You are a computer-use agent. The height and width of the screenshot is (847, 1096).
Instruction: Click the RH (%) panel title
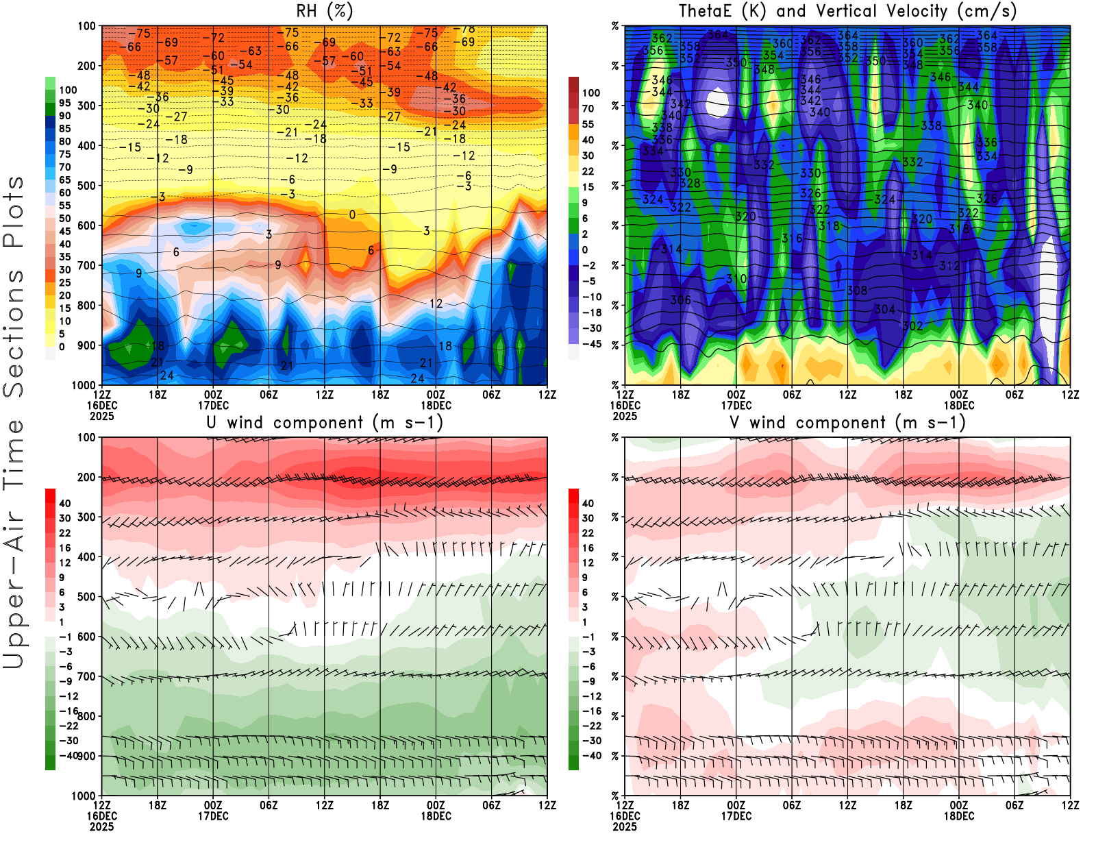(x=325, y=12)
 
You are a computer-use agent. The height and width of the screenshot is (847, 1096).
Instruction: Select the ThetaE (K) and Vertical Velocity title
(x=847, y=12)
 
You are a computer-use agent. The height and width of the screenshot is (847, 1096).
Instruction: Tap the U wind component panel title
(x=325, y=423)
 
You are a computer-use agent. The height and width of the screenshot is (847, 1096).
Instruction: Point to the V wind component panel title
(x=847, y=423)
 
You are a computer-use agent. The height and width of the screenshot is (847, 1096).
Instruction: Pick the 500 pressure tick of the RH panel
(x=86, y=186)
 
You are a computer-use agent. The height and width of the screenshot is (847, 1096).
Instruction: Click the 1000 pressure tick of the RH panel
(x=84, y=385)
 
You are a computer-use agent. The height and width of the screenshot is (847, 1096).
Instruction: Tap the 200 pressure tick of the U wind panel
(x=86, y=477)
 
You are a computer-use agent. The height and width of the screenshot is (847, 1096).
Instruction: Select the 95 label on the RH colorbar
(x=64, y=103)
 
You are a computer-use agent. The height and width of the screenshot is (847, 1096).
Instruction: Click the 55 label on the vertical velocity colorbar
(x=588, y=124)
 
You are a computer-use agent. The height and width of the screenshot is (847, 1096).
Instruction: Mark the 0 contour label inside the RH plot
(x=352, y=215)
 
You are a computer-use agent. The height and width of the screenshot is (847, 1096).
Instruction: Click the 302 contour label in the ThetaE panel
(x=912, y=326)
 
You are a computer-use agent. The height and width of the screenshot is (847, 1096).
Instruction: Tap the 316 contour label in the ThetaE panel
(x=792, y=238)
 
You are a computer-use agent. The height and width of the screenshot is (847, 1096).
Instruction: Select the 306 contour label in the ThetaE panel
(x=680, y=300)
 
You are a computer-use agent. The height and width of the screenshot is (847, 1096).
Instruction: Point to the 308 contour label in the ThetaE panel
(x=857, y=291)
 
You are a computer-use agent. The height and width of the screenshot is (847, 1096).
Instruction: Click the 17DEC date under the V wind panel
(x=736, y=816)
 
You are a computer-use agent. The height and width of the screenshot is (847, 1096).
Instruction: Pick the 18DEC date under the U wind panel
(x=436, y=816)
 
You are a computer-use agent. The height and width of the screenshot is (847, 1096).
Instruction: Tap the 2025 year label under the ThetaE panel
(x=625, y=416)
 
